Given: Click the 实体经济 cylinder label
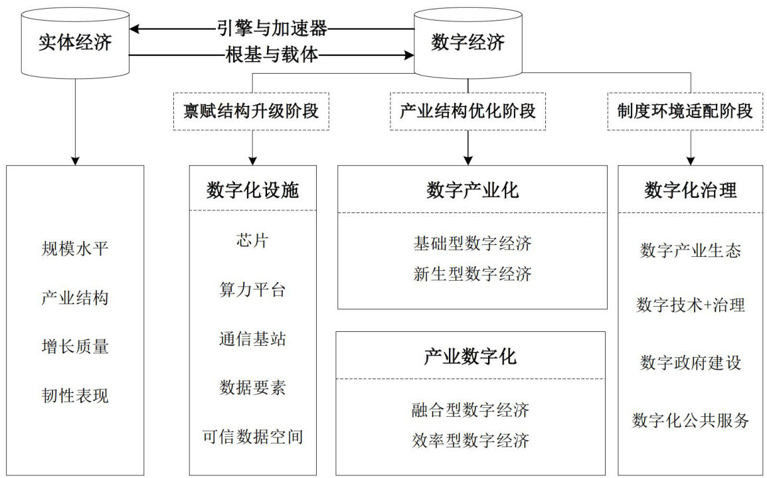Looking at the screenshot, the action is [x=74, y=43].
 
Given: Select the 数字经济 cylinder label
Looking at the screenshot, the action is [x=468, y=43].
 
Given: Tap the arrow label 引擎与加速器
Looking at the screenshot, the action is [x=272, y=28].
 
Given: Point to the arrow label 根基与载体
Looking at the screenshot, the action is [x=272, y=56].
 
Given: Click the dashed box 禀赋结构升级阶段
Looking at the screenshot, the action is [x=251, y=111].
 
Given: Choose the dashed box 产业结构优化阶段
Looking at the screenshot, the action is [x=468, y=111].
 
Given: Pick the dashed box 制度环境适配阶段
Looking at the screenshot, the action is [x=690, y=111].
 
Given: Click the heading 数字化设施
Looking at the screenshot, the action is [x=252, y=191].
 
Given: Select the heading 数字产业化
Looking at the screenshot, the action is [x=472, y=191].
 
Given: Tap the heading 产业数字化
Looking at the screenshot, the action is [x=470, y=357].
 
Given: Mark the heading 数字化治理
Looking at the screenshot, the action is [x=691, y=191].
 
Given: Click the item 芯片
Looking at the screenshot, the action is [x=252, y=240].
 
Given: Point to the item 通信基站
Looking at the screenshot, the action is [x=252, y=339].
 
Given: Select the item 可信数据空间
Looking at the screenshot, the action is [x=252, y=437].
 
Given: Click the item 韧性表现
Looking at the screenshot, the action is [x=74, y=396].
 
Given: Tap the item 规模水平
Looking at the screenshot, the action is [x=74, y=250].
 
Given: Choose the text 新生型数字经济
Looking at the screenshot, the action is [x=472, y=274].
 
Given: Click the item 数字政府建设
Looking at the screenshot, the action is [x=691, y=362].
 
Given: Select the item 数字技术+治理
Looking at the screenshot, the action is [x=691, y=305].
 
